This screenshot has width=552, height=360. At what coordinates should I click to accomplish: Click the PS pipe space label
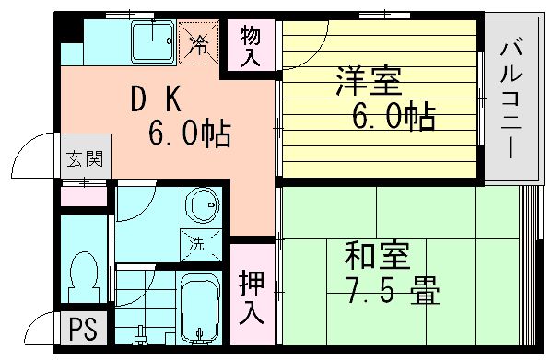click(81, 329)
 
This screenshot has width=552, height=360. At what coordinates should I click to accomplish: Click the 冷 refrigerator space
click(198, 41)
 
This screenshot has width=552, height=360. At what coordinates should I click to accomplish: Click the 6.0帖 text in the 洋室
click(393, 118)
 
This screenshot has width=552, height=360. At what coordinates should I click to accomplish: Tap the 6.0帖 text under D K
click(190, 135)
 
